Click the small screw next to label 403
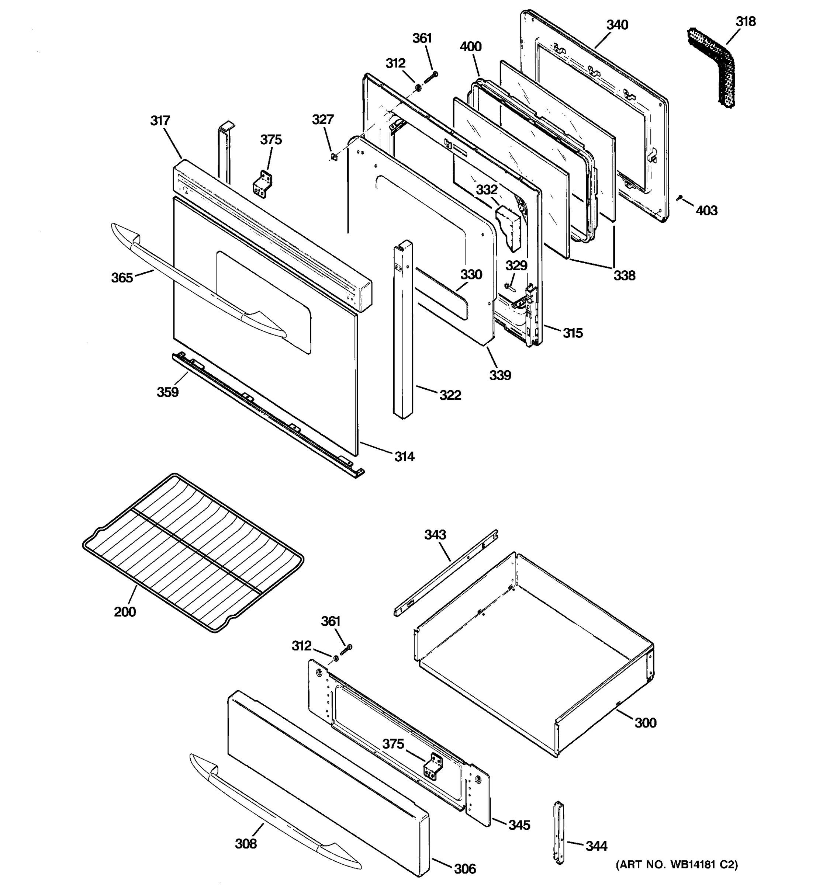pos(679,198)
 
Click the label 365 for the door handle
pos(122,278)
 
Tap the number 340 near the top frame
pos(617,25)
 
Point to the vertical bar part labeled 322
pos(402,329)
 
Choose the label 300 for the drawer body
pos(645,722)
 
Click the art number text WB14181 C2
pos(677,864)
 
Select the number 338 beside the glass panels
pos(624,275)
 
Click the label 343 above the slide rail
pos(435,535)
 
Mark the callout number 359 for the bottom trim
pos(167,392)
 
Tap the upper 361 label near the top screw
pos(422,39)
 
